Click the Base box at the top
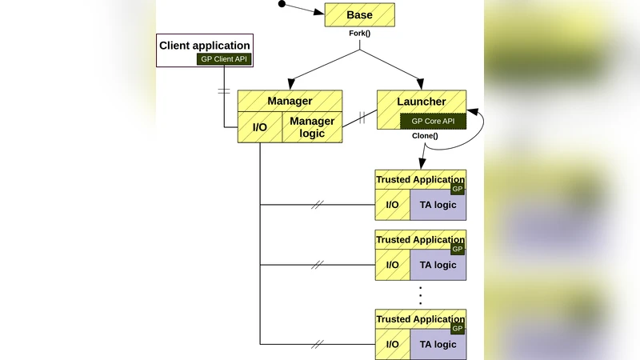click(x=359, y=15)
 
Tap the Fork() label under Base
click(x=359, y=34)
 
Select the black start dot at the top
click(x=281, y=4)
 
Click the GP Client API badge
click(x=223, y=59)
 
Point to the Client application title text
click(x=204, y=46)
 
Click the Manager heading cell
click(x=290, y=101)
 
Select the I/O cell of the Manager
click(x=260, y=127)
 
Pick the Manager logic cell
click(x=312, y=127)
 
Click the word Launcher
click(x=421, y=102)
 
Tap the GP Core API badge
click(x=433, y=122)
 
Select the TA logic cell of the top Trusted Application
click(x=438, y=205)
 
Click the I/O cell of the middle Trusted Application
click(x=392, y=265)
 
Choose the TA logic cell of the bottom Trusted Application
click(x=438, y=344)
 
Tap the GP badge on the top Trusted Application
click(x=458, y=189)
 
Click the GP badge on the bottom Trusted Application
click(x=458, y=329)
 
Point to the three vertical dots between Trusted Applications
click(x=421, y=294)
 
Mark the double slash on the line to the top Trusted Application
click(x=318, y=205)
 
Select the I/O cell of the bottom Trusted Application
click(x=392, y=344)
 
